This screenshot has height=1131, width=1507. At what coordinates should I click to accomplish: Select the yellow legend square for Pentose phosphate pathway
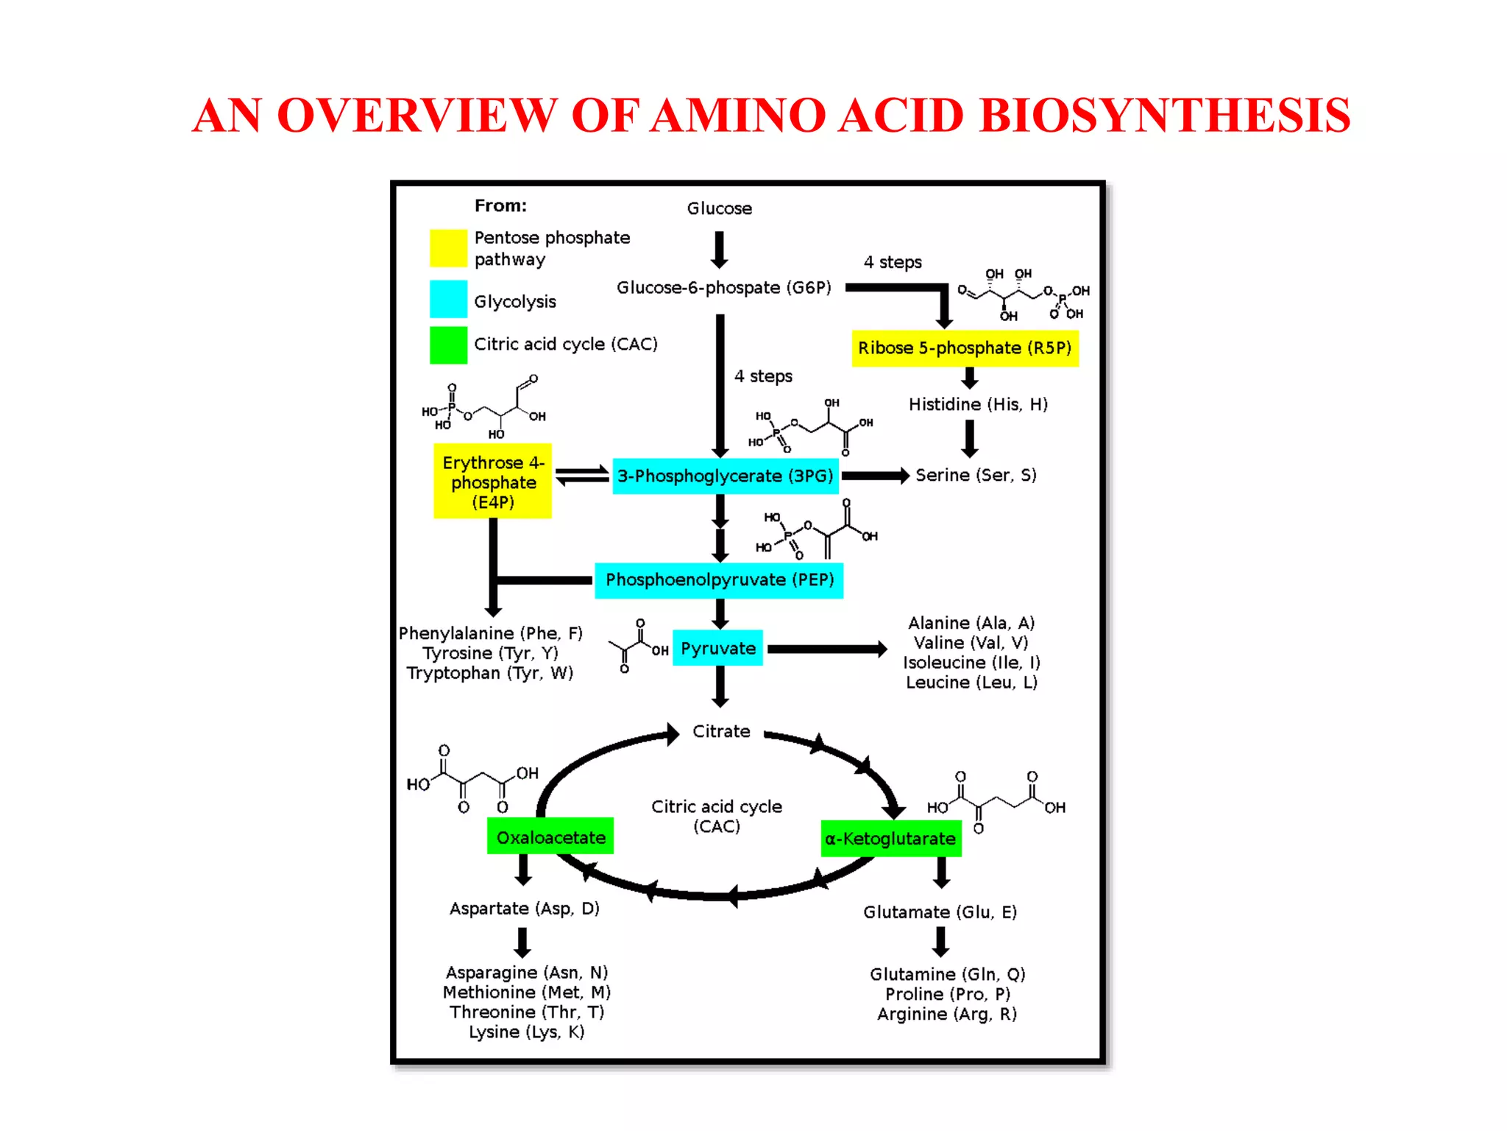point(448,248)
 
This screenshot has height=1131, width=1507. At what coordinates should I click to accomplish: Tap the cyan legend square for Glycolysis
point(448,299)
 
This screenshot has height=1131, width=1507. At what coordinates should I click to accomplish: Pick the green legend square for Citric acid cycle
point(448,345)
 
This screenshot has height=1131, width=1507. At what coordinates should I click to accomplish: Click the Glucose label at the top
point(719,208)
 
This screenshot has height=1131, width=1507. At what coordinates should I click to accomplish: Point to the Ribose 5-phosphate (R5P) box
point(965,348)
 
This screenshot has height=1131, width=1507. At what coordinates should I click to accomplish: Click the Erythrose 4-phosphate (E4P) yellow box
point(492,482)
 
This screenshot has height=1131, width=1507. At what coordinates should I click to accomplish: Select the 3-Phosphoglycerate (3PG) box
point(725,476)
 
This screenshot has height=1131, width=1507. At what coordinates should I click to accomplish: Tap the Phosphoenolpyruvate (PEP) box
point(719,580)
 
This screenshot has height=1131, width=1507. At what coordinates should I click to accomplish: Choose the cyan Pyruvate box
point(717,649)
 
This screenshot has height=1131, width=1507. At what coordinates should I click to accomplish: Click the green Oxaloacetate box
point(550,837)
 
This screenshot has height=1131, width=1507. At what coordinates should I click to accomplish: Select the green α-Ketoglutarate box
point(890,839)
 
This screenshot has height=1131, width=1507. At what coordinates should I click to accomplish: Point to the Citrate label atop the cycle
point(721,731)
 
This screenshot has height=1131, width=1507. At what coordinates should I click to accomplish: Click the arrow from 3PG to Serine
point(875,476)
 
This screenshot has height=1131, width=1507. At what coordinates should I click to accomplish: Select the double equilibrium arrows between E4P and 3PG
point(581,476)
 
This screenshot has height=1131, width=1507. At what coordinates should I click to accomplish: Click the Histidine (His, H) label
point(977,404)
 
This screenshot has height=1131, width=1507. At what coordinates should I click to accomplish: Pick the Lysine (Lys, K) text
point(527,1032)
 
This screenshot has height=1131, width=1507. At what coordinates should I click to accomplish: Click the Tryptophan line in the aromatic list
point(490,673)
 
